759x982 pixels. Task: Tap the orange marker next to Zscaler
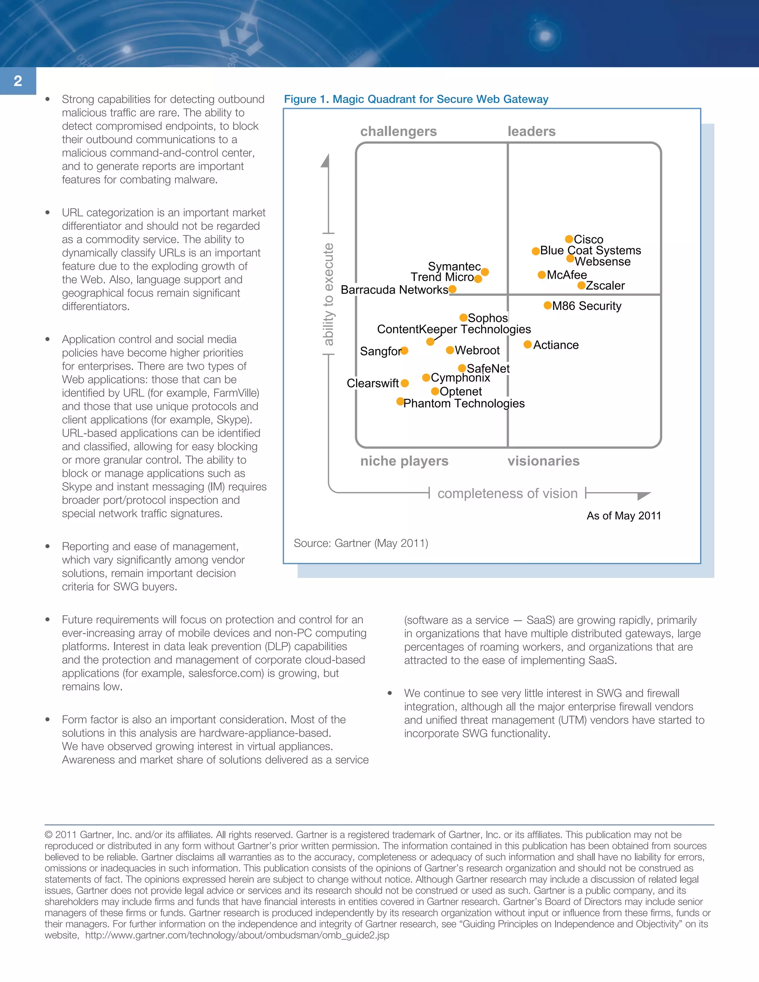(581, 285)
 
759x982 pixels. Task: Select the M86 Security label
(586, 306)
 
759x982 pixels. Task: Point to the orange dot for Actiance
(527, 344)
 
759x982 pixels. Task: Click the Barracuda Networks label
(394, 290)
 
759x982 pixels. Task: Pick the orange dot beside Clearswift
(405, 383)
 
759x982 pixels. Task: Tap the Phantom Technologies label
(464, 403)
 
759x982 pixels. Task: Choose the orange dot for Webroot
(450, 350)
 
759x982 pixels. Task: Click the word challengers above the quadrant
(398, 131)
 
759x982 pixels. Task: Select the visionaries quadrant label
(543, 461)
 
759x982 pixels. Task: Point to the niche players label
(404, 461)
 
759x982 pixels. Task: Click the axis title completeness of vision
(507, 493)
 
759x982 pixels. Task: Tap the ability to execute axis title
(329, 294)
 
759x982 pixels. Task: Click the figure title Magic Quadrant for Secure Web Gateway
(416, 99)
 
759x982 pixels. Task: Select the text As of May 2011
(624, 516)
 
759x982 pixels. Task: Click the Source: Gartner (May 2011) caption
(361, 543)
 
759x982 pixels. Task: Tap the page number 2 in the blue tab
(18, 81)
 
